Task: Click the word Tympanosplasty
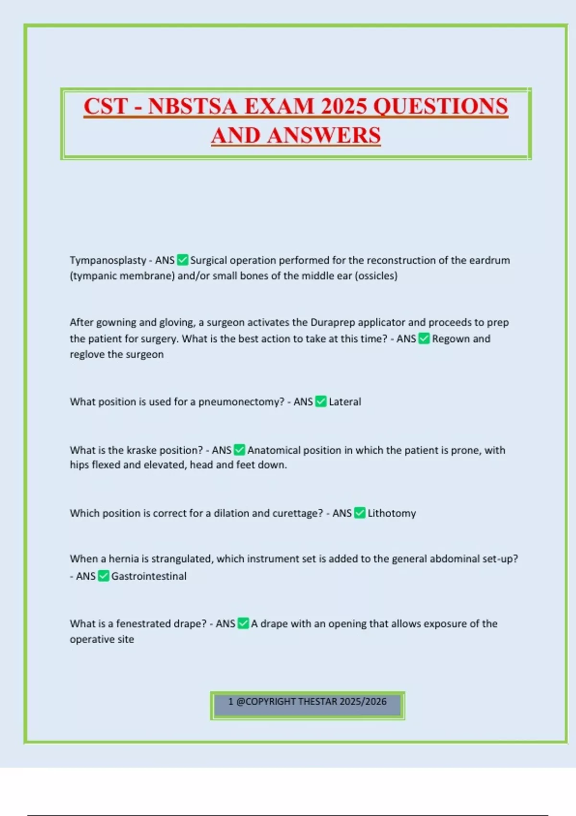point(108,261)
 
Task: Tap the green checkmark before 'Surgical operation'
point(182,260)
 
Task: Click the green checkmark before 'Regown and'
point(424,339)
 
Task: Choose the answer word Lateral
point(345,402)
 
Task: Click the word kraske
point(141,451)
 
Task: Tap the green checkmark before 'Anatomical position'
point(239,450)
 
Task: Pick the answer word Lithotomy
point(392,514)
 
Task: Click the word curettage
point(298,514)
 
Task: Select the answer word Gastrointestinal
point(149,576)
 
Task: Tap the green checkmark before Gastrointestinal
point(104,576)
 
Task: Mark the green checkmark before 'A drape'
point(243,624)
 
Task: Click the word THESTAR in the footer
point(317,702)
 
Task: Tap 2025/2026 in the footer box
point(363,702)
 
